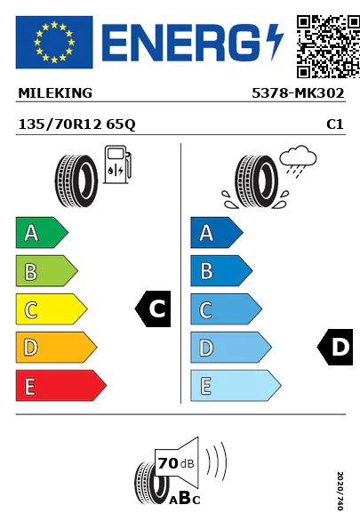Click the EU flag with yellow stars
coord(54,42)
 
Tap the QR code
coord(328,46)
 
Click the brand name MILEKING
coord(55,93)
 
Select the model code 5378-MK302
coord(298,93)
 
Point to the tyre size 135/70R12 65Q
coord(77,124)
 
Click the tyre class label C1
coord(335,124)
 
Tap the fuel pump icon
coord(116,164)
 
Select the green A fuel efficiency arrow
coord(42,233)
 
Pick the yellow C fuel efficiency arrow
coord(52,309)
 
